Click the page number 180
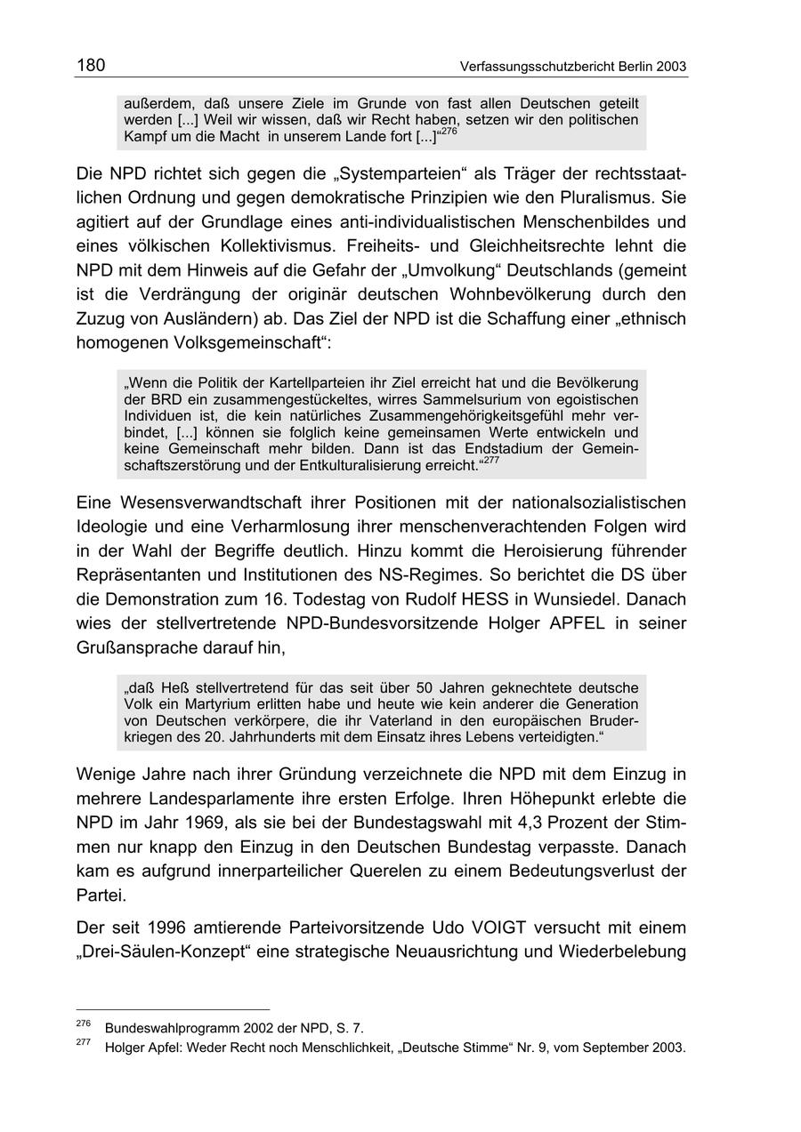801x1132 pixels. click(91, 65)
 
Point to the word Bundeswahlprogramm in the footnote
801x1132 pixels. click(170, 1028)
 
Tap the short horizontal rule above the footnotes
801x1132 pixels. click(173, 1009)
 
